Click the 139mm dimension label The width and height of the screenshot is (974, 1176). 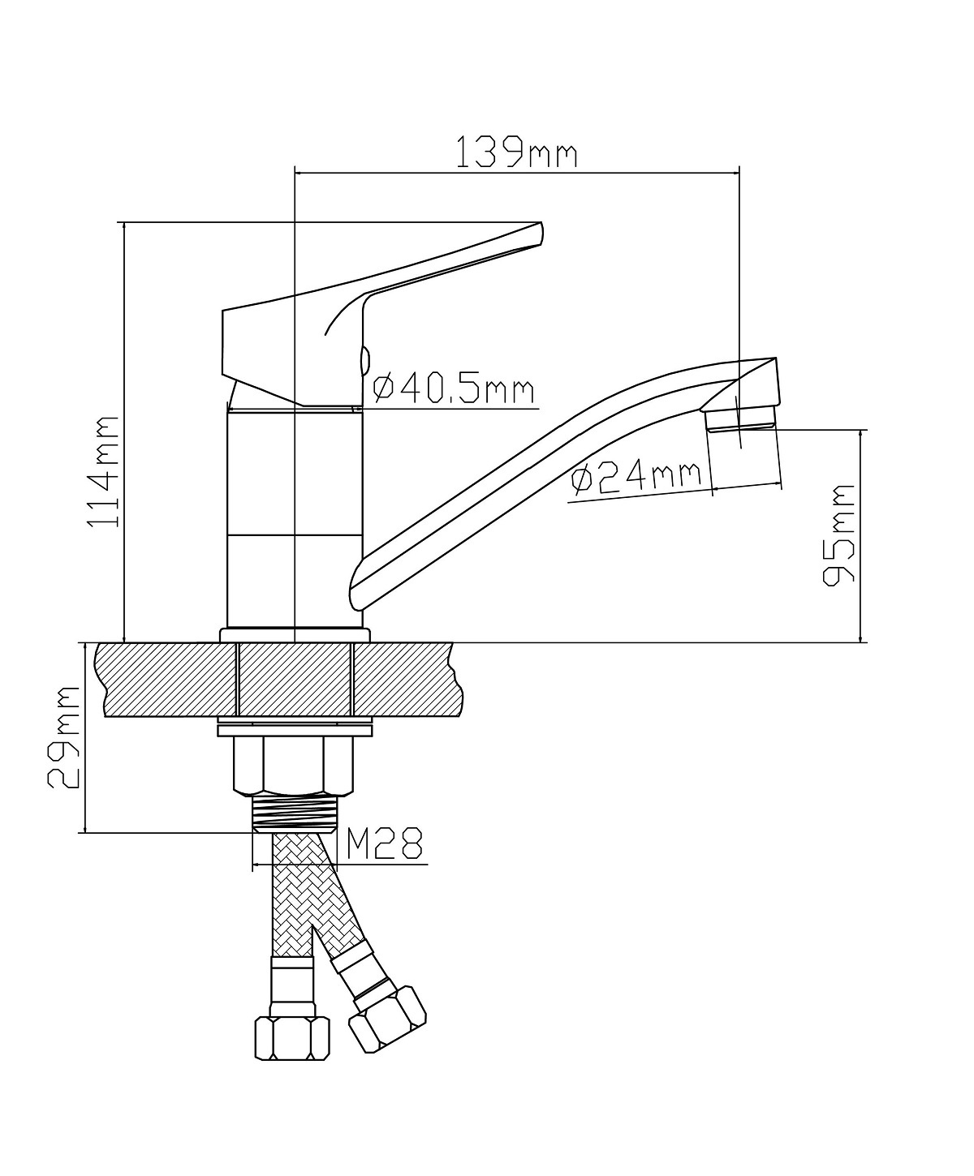[516, 152]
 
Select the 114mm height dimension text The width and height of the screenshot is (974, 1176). [103, 472]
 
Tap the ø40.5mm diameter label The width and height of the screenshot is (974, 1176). [453, 388]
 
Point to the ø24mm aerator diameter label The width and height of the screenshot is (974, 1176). [636, 479]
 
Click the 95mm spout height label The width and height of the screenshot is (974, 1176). [838, 535]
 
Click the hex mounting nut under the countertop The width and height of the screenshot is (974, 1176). [294, 766]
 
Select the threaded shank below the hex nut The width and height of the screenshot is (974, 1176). [294, 813]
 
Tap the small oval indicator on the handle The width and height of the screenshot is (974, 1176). [364, 359]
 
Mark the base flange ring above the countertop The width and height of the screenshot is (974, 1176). [294, 635]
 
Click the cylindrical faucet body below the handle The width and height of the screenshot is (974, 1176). [294, 519]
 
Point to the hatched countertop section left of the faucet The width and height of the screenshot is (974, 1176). [167, 680]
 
